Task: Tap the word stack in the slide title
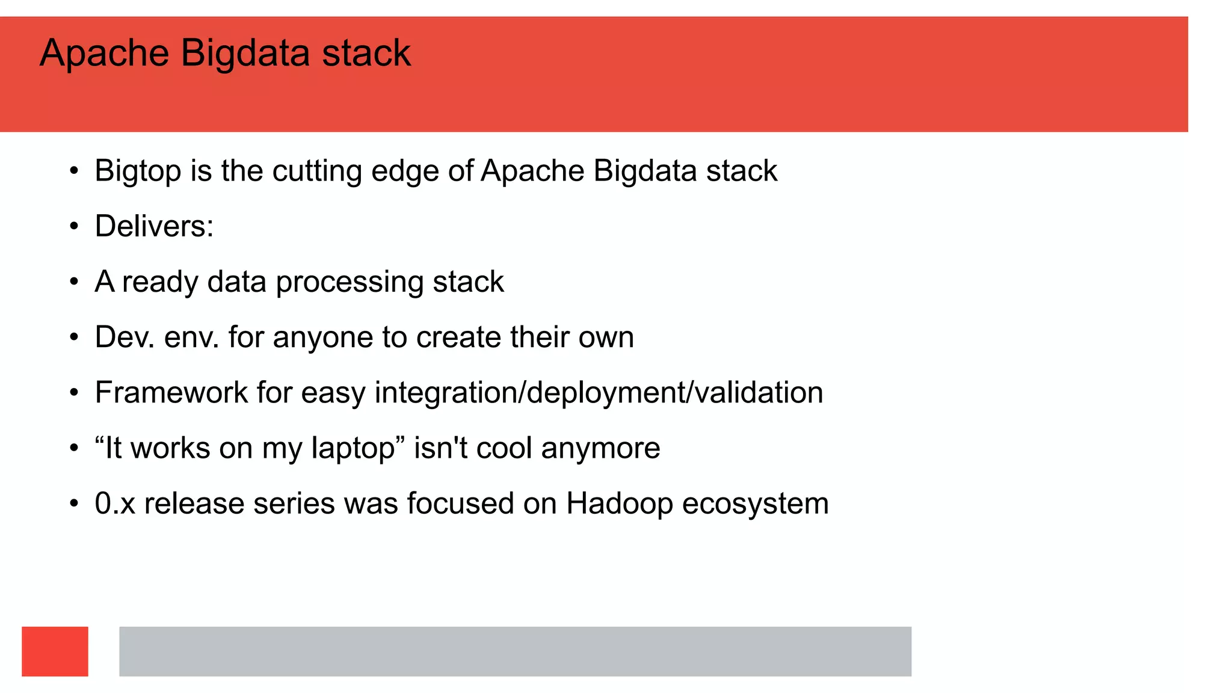[366, 54]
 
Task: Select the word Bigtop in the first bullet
[138, 171]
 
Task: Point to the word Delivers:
[154, 227]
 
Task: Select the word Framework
[171, 393]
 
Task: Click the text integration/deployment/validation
[599, 393]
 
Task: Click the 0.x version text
[115, 504]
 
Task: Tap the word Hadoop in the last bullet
[619, 504]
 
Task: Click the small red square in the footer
[55, 651]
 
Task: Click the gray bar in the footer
[515, 651]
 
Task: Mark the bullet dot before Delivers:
[74, 227]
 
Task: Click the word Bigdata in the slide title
[245, 54]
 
